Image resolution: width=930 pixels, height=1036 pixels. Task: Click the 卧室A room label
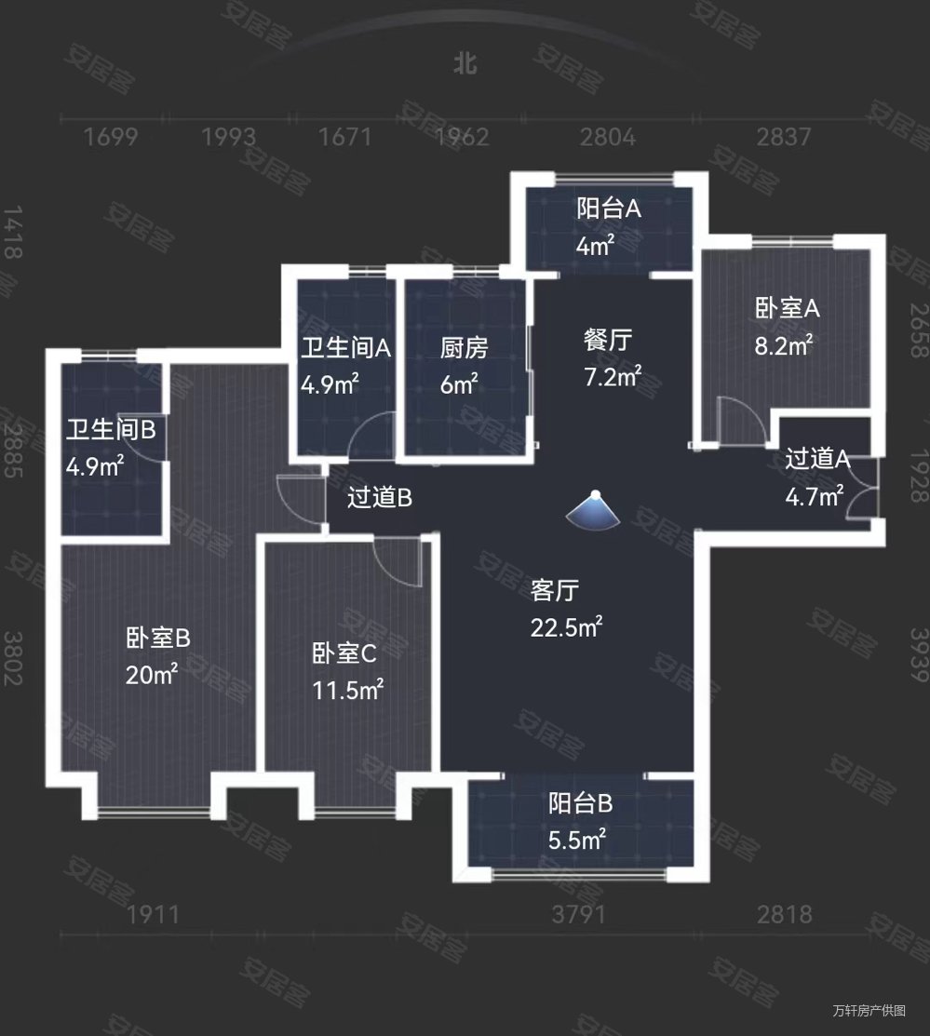point(787,307)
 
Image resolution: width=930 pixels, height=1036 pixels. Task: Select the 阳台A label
point(609,209)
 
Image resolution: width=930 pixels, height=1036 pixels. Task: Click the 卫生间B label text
point(111,430)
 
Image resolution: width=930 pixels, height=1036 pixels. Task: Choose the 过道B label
point(380,499)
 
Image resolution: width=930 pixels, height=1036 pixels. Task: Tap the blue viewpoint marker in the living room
point(596,510)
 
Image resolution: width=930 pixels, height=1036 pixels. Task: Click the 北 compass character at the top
point(465,63)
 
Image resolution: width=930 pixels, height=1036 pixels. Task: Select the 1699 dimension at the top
point(111,138)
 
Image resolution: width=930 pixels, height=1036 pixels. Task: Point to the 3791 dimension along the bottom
point(579,915)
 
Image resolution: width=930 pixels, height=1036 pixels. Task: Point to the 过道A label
point(818,459)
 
